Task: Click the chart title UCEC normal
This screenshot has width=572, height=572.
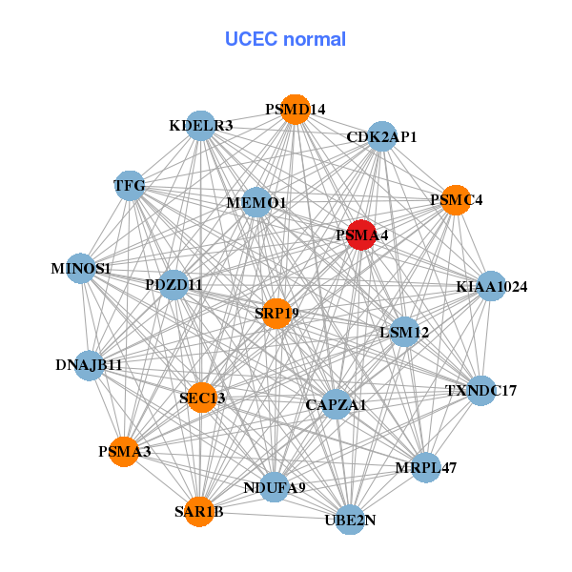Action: (285, 39)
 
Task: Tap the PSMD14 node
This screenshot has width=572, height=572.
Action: (296, 110)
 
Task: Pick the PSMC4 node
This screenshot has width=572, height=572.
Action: (456, 200)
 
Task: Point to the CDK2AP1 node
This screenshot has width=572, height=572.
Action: (381, 136)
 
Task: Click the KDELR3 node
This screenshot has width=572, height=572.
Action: (201, 126)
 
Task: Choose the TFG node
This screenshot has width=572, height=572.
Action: (130, 186)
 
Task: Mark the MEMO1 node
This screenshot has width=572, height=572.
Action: (256, 202)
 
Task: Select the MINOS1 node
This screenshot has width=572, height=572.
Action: (81, 269)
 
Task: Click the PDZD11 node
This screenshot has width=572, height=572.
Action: (174, 284)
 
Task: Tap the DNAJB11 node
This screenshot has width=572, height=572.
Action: (89, 365)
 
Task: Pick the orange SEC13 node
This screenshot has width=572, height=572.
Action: (202, 398)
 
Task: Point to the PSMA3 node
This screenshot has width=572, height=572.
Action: (124, 451)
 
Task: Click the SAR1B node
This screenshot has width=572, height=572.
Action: (199, 512)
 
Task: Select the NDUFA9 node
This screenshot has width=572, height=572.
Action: (275, 487)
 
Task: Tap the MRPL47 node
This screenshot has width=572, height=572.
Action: (426, 467)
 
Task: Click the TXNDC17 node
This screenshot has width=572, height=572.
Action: (481, 390)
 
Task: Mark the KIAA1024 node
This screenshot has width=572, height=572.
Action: (491, 286)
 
